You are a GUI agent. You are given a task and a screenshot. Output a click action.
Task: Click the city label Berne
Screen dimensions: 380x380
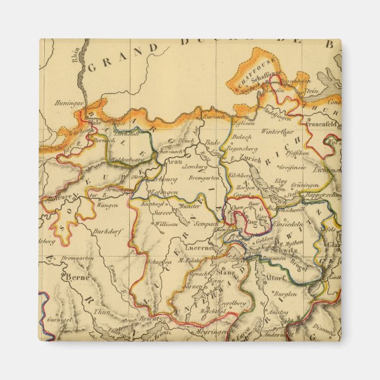click(x=77, y=277)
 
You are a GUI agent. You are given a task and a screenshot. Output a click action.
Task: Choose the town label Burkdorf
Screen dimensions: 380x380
click(x=107, y=232)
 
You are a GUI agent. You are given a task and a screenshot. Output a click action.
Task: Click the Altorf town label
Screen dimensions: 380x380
click(x=275, y=277)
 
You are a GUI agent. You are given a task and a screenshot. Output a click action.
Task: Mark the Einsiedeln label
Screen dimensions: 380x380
click(x=288, y=224)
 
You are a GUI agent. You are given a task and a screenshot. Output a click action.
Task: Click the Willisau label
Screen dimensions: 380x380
click(x=167, y=224)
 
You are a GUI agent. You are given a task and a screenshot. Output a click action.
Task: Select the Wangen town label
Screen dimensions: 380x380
click(x=108, y=205)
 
